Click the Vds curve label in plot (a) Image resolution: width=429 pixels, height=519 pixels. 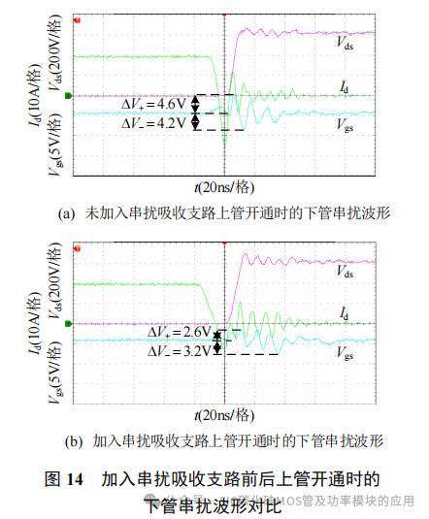click(x=344, y=43)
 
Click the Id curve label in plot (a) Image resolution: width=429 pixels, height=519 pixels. click(x=345, y=87)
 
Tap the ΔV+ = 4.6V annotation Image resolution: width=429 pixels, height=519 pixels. click(x=154, y=102)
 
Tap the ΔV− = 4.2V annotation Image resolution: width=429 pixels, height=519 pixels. click(x=154, y=122)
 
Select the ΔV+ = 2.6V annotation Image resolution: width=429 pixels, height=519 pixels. click(x=181, y=333)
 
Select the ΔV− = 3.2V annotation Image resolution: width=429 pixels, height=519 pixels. click(x=181, y=351)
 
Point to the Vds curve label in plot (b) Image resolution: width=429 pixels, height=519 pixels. click(x=344, y=273)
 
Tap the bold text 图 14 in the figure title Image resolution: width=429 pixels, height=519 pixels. click(x=67, y=479)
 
